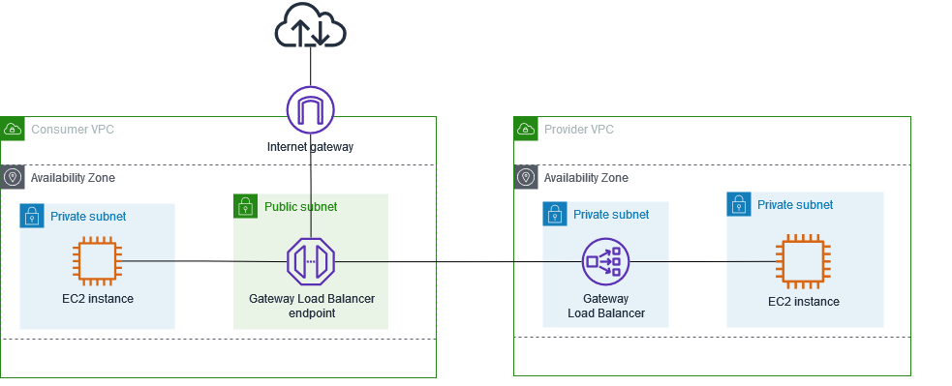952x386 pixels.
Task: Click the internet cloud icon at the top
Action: pyautogui.click(x=310, y=26)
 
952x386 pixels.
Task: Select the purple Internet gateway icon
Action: pyautogui.click(x=310, y=109)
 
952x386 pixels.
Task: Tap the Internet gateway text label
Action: pyautogui.click(x=310, y=148)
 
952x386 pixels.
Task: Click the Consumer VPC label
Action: pyautogui.click(x=73, y=130)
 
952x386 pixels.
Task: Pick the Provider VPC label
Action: pyautogui.click(x=578, y=130)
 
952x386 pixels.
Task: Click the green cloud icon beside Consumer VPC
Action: pyautogui.click(x=13, y=129)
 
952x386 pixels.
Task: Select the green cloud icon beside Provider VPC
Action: pyautogui.click(x=526, y=129)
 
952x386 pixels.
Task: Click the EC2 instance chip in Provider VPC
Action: pyautogui.click(x=803, y=261)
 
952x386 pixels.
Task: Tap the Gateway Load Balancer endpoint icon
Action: pyautogui.click(x=310, y=261)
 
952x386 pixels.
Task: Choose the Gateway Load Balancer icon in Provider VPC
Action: pyautogui.click(x=606, y=261)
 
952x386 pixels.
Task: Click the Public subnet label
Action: pyautogui.click(x=300, y=206)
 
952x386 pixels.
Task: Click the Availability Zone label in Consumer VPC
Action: pyautogui.click(x=73, y=178)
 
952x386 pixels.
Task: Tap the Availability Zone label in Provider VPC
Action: pyautogui.click(x=586, y=178)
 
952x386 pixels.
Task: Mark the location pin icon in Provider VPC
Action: pyautogui.click(x=526, y=178)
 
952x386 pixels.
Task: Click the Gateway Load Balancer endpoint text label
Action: pyautogui.click(x=310, y=306)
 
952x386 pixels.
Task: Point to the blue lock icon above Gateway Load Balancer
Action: pyautogui.click(x=555, y=214)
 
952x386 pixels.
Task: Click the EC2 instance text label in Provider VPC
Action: pyautogui.click(x=803, y=302)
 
